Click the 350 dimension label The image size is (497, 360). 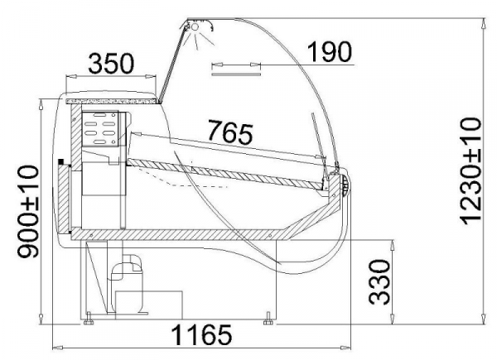coord(111,64)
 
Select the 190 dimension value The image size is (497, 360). coord(330,51)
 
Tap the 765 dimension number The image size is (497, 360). coord(230,132)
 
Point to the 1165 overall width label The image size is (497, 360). coord(201,334)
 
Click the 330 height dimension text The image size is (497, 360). coord(379,282)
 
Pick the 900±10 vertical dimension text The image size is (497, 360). coord(28,211)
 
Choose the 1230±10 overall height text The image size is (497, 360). coord(470,171)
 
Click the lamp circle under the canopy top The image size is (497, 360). coord(194,27)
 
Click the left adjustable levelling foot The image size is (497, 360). coord(89,319)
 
